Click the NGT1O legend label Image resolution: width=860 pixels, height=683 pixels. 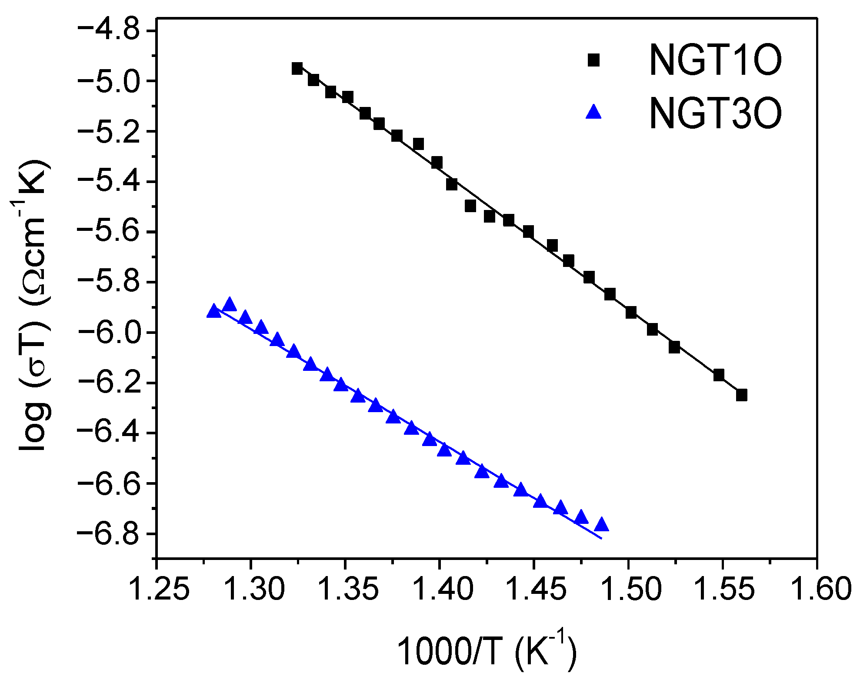pos(715,60)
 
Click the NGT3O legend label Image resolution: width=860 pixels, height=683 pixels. pos(715,114)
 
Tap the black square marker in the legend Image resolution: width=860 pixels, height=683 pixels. pos(593,60)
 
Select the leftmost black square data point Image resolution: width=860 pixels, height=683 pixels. pos(297,68)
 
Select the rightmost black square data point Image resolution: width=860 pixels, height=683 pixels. pos(742,395)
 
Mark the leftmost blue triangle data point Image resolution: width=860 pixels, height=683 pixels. pos(213,311)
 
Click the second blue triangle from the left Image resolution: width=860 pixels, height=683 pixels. pos(229,305)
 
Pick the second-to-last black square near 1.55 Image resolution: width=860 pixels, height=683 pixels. pos(719,375)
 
